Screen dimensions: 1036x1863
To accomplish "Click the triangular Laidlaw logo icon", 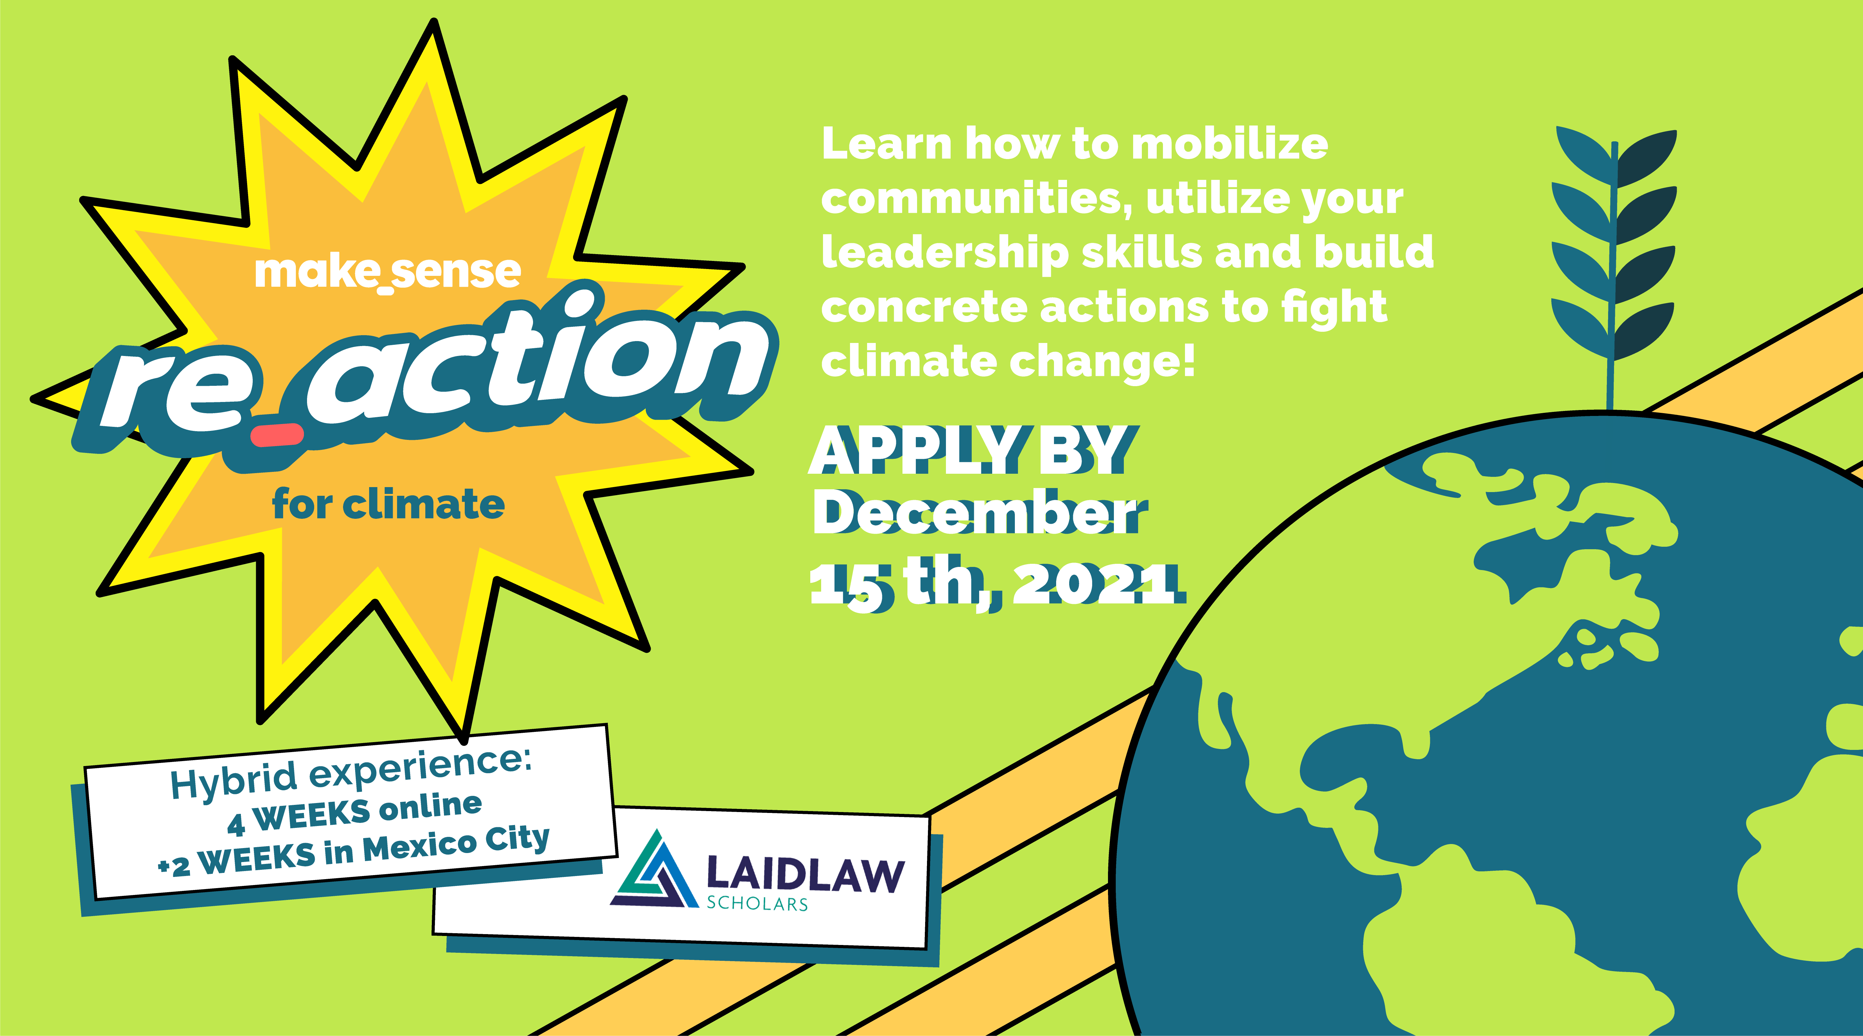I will tap(654, 872).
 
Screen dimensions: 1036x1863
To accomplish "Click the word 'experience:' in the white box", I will tap(420, 768).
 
